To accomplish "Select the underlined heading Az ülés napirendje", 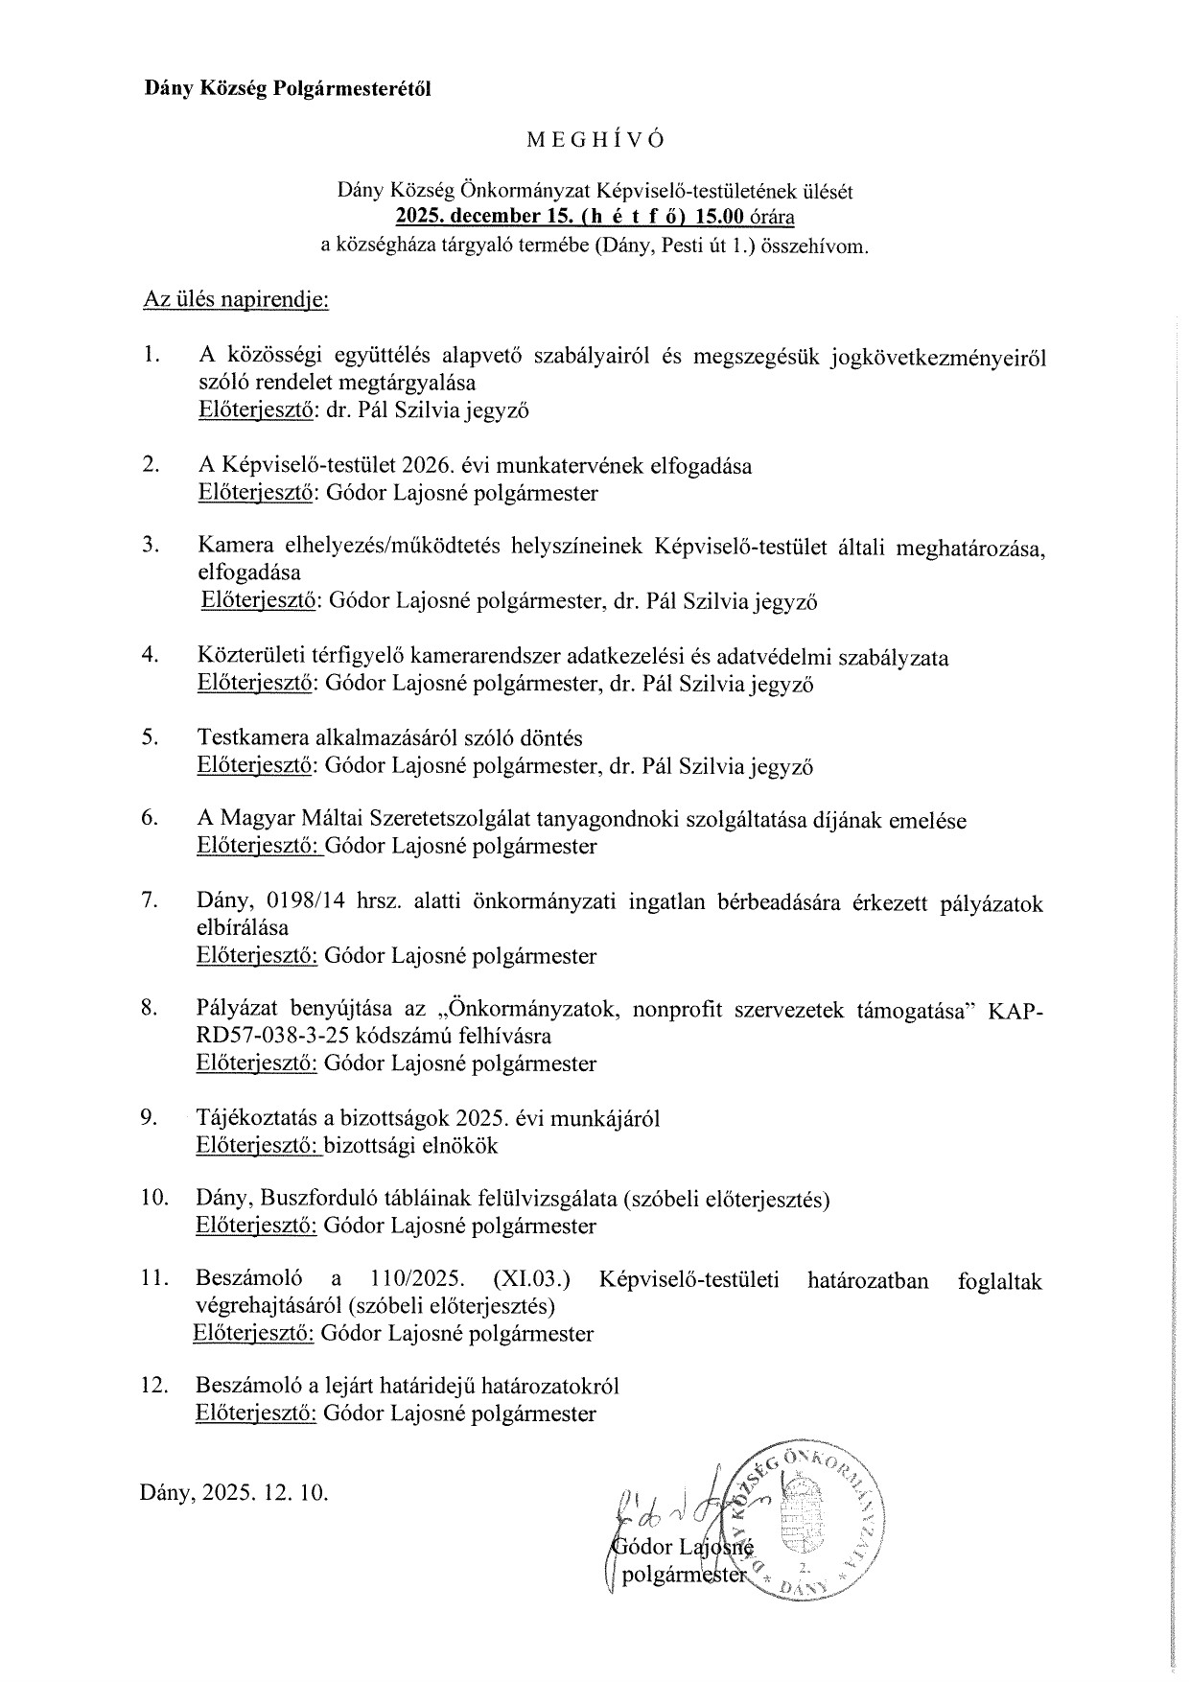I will (236, 300).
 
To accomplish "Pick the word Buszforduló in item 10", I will (324, 1199).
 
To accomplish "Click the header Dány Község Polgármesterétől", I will (288, 89).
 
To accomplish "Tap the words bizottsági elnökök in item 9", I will (411, 1145).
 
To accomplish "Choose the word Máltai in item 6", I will (323, 820).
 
